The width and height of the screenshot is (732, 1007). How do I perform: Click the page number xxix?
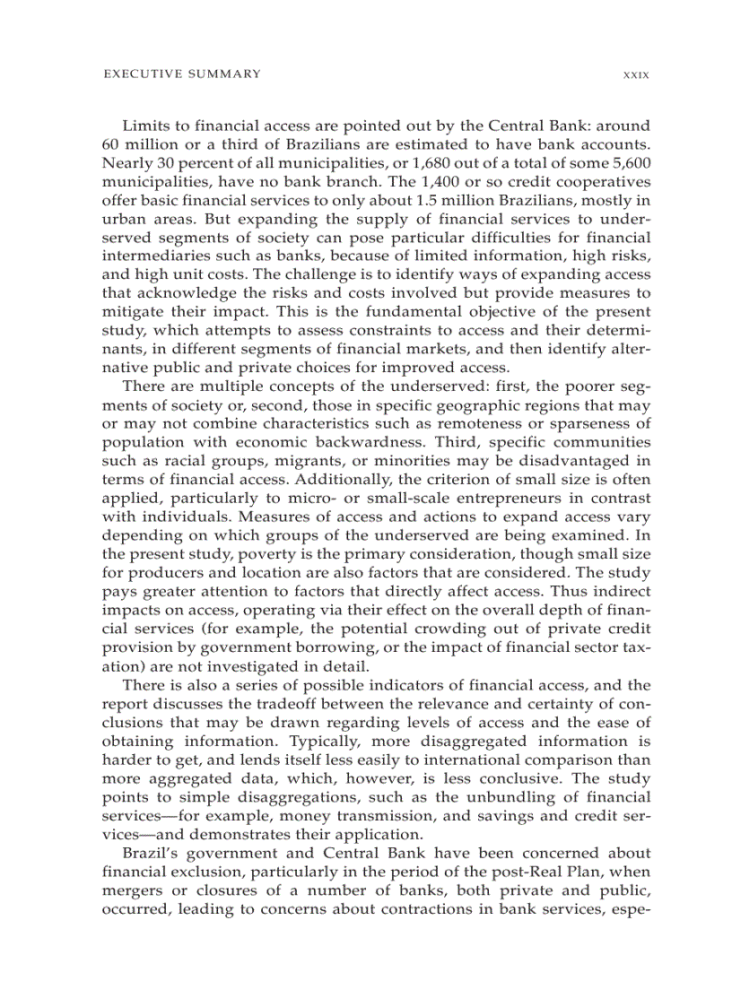pyautogui.click(x=636, y=74)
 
